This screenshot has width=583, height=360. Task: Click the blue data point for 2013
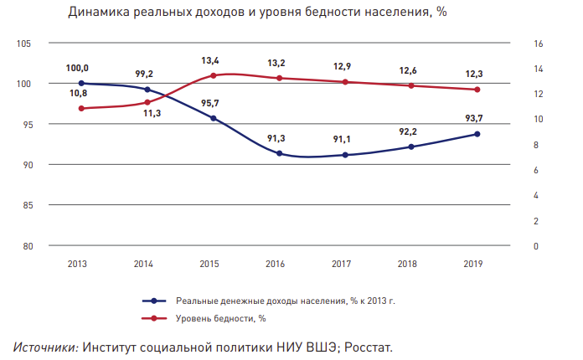tap(81, 84)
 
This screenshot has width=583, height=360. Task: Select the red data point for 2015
tap(214, 75)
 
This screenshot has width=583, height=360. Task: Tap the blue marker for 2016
tap(280, 153)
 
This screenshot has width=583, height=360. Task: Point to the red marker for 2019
tap(477, 90)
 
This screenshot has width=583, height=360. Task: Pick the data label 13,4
tap(210, 60)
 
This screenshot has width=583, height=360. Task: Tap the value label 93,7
tap(475, 118)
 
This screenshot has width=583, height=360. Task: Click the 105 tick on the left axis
tap(23, 44)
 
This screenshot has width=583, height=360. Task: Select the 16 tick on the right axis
tap(539, 44)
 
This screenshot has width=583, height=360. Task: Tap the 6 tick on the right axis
tap(536, 170)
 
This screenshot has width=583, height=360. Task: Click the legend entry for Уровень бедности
tap(220, 318)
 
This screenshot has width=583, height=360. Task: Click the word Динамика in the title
tap(105, 13)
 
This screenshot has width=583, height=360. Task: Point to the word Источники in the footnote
tap(46, 346)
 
